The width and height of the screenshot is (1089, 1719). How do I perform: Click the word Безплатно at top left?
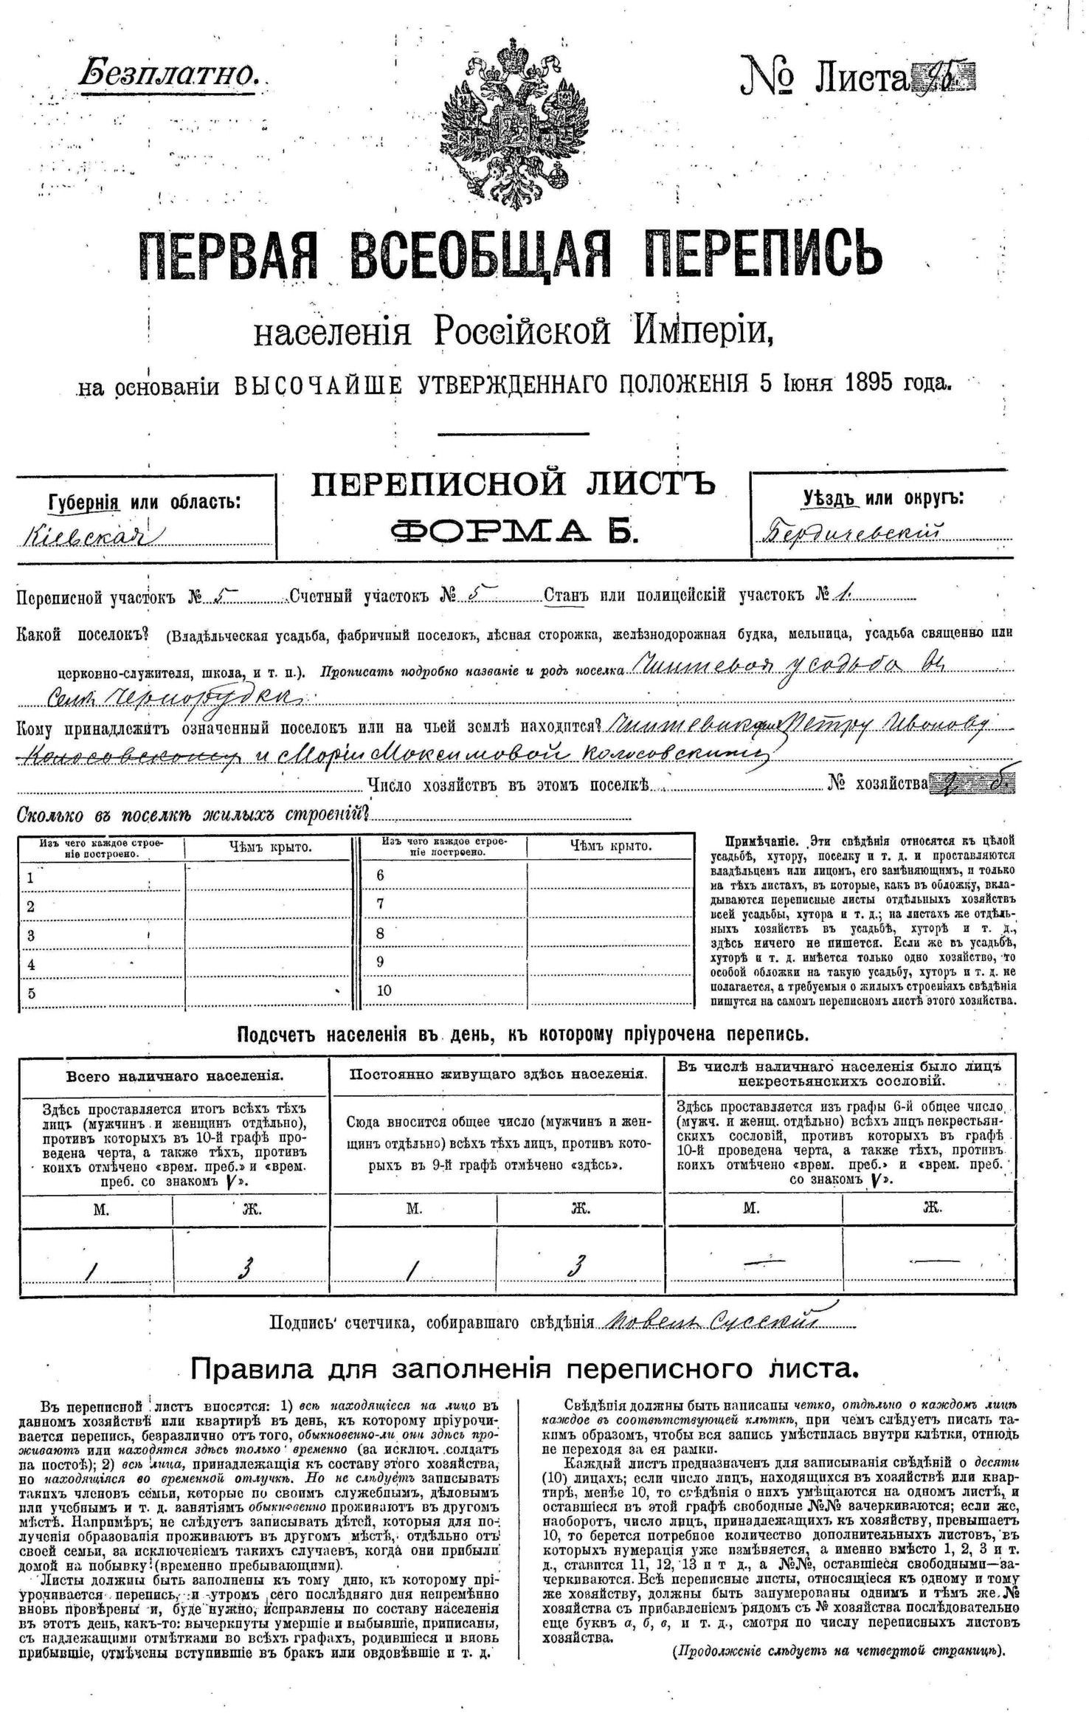point(167,72)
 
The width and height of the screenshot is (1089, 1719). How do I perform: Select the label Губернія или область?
point(144,502)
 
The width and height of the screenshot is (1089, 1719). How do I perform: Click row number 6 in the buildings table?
point(381,875)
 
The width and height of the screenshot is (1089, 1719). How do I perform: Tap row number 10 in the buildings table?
point(384,991)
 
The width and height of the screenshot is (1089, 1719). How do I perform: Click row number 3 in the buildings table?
point(30,936)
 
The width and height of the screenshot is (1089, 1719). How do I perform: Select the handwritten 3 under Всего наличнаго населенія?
point(246,1268)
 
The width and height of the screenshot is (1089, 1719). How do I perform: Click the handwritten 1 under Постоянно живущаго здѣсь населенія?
point(412,1268)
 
